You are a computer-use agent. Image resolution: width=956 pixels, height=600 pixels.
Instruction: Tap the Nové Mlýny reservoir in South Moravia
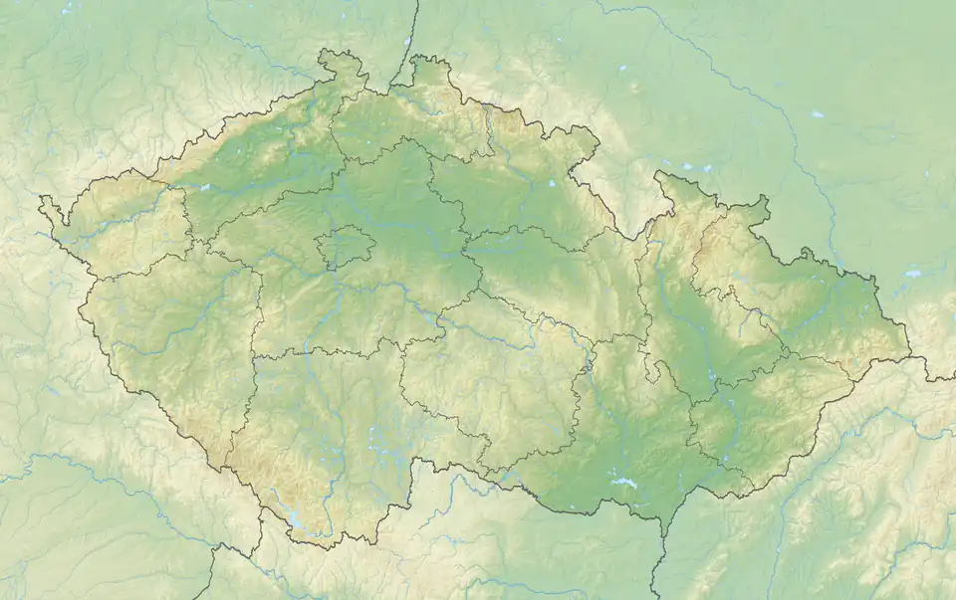(x=625, y=485)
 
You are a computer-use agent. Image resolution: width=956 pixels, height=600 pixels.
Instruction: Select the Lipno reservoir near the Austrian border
(x=296, y=520)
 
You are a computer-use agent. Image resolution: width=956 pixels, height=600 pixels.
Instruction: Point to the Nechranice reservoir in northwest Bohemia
(x=205, y=187)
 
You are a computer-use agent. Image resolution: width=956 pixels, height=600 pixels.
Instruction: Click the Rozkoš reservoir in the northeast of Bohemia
(x=551, y=184)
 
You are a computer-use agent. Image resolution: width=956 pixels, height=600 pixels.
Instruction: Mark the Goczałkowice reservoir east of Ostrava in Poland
(x=912, y=273)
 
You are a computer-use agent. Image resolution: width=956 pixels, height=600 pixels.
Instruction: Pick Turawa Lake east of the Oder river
(x=818, y=114)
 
